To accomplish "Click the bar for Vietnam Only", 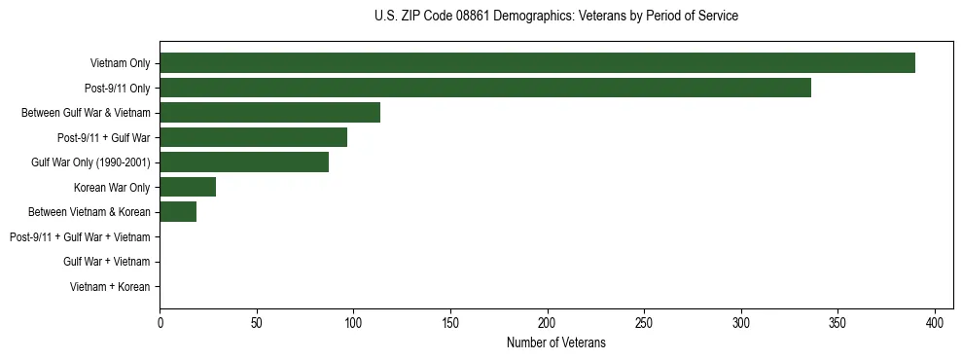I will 537,63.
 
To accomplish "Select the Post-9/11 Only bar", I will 485,88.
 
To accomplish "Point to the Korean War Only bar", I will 188,187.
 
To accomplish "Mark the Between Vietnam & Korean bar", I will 178,212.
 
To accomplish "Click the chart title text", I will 555,17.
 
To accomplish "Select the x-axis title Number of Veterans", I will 555,343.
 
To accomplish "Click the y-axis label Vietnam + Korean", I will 110,287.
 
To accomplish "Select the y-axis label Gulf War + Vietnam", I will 106,262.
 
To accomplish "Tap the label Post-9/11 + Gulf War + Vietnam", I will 80,237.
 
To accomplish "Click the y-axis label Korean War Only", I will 112,187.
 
